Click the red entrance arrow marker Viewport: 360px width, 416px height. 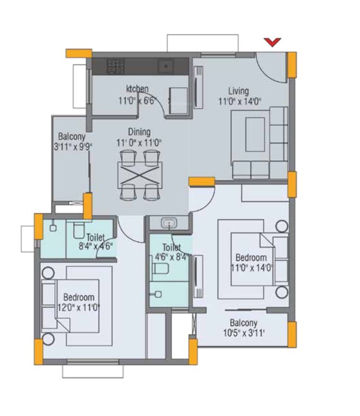coord(272,42)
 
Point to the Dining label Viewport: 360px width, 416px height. coord(139,132)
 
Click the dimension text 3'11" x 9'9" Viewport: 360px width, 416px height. coord(73,147)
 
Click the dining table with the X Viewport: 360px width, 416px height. coord(139,175)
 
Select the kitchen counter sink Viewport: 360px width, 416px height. coord(166,66)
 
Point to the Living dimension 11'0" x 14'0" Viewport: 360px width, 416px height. coord(240,101)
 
